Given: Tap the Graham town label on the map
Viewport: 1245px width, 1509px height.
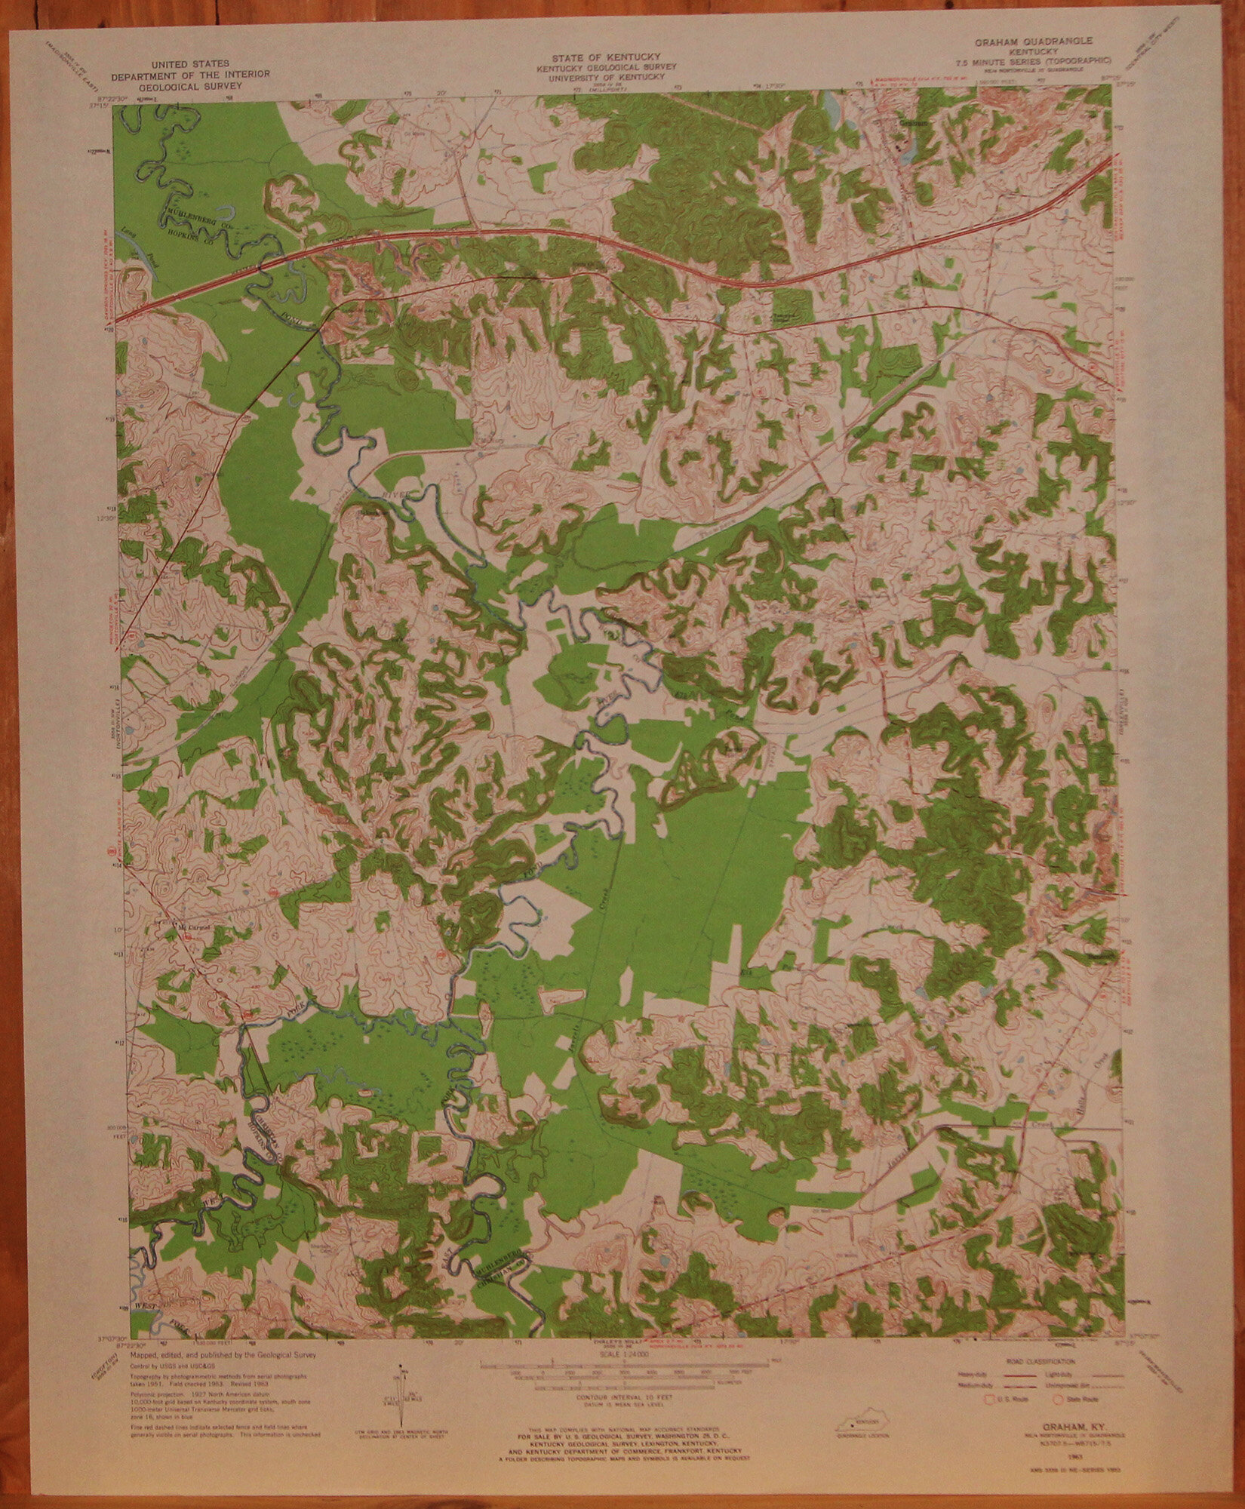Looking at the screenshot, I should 913,119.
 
